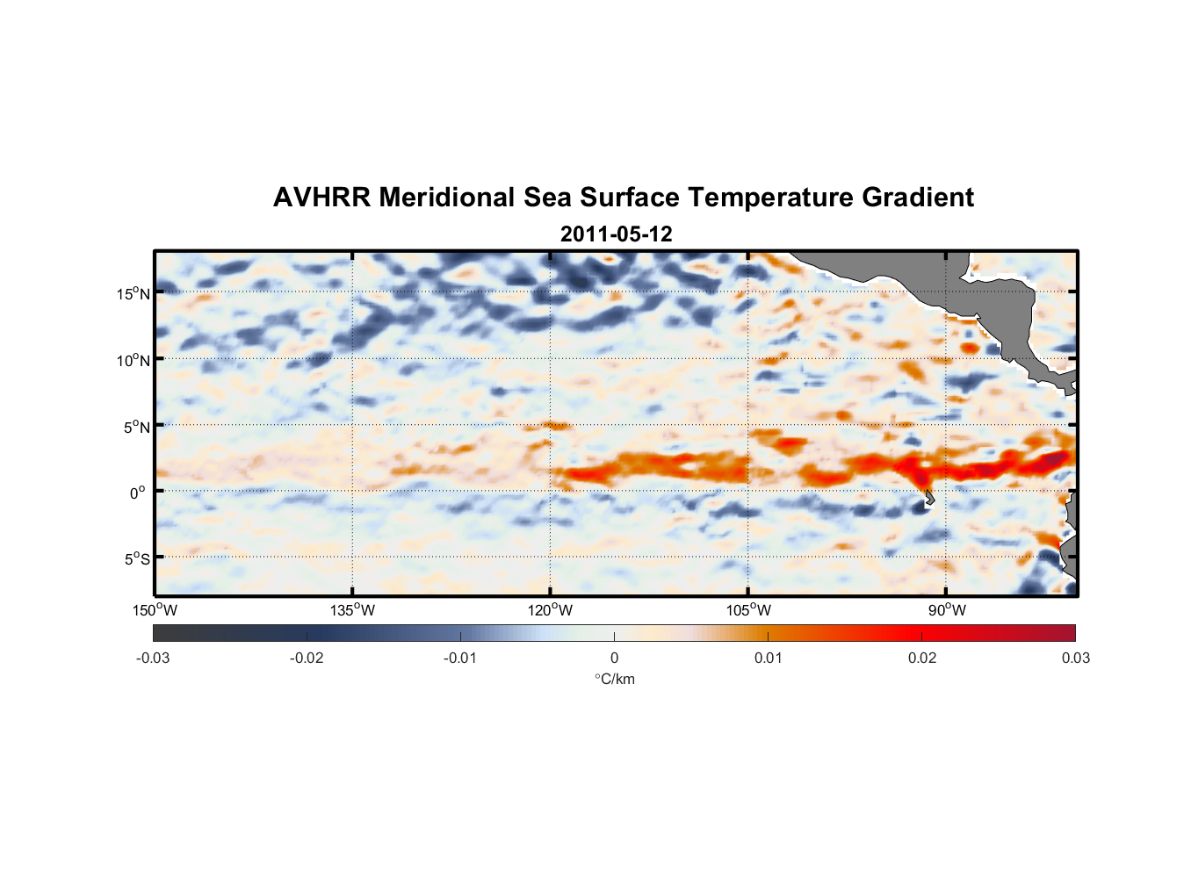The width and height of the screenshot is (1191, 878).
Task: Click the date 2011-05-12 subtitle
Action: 616,234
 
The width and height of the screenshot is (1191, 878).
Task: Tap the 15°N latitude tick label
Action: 134,293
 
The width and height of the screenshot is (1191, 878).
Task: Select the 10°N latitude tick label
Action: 134,360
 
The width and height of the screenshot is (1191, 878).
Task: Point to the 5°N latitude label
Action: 137,427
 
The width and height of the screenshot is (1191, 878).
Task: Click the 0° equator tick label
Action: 137,493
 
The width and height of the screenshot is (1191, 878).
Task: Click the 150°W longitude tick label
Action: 155,610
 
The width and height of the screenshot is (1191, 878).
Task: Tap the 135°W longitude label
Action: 352,610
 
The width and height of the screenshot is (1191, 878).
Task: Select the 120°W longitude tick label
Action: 550,610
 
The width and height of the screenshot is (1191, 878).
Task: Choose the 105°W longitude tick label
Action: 748,610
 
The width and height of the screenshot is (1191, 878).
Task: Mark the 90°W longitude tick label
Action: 947,610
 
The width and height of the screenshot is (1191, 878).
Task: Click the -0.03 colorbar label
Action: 153,658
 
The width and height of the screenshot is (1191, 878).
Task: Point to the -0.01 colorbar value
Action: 460,658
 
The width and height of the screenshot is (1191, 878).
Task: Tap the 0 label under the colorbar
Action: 614,658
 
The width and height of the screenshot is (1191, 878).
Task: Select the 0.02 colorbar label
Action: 922,658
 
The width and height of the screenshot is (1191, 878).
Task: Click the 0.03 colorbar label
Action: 1075,658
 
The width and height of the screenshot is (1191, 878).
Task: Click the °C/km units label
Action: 614,679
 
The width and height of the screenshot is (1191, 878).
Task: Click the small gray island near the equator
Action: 929,498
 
